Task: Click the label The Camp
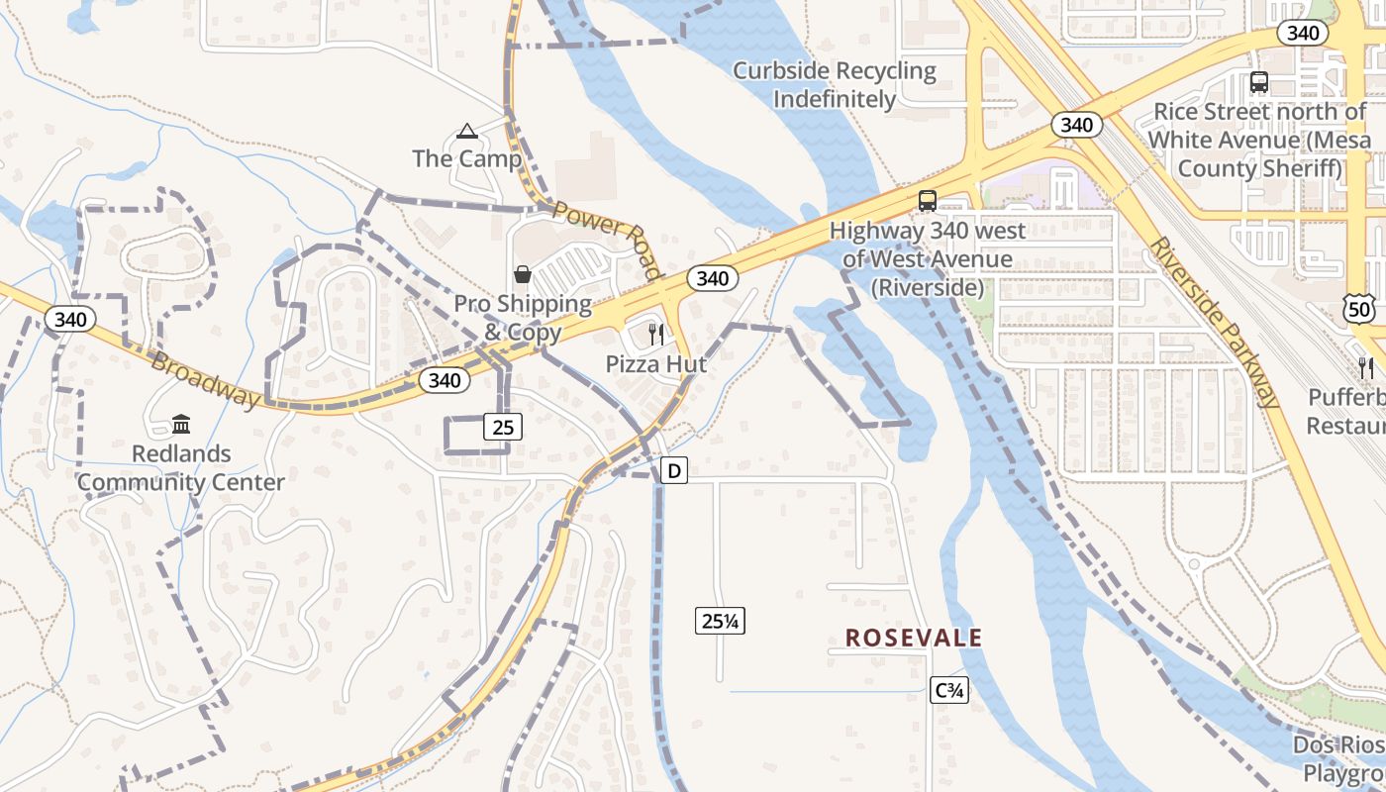466,158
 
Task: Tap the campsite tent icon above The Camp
466,131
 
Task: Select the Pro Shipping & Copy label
522,318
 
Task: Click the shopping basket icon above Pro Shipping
522,274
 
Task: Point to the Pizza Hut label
656,364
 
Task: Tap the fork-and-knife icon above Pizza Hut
655,334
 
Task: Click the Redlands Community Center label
181,468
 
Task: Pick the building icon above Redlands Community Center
181,425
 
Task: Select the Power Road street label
607,239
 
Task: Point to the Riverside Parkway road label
1214,322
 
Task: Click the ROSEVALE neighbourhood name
914,639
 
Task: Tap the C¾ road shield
949,691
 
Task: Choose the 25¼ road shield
721,622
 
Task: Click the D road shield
673,470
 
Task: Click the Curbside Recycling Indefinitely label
835,85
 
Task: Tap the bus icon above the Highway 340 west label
928,200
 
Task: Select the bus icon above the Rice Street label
1259,82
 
